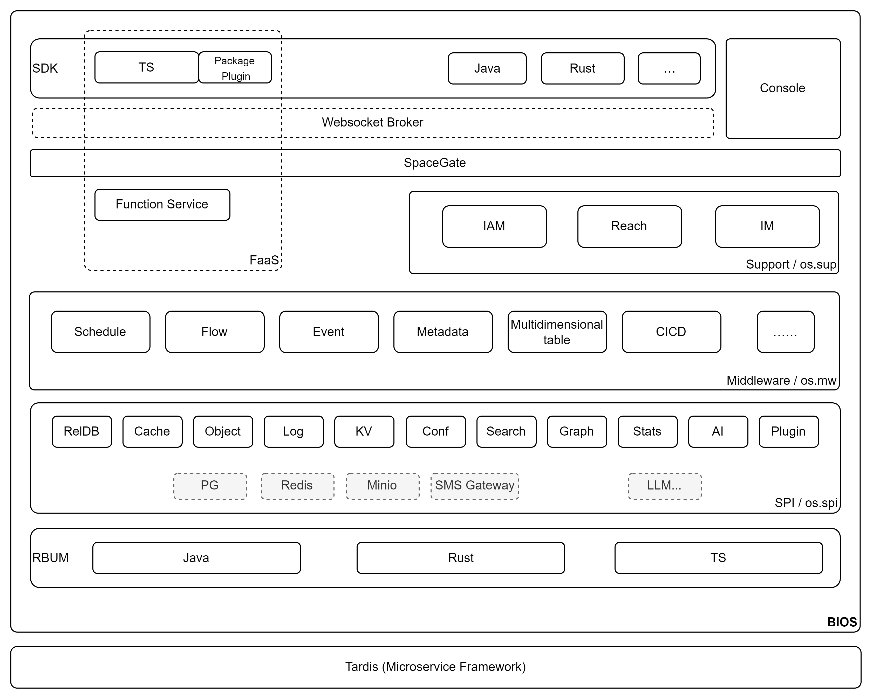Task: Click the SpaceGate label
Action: tap(434, 163)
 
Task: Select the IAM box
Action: tap(494, 226)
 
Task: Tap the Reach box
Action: tap(629, 226)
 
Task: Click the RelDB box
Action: tap(82, 431)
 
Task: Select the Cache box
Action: tap(152, 431)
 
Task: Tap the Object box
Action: tap(223, 431)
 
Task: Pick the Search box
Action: tap(506, 431)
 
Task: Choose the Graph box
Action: tap(577, 431)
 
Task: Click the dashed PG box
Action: tap(210, 486)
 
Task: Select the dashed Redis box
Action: tap(297, 486)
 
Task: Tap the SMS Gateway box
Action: tap(475, 486)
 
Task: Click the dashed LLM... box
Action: tap(664, 486)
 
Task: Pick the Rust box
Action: tap(460, 558)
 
